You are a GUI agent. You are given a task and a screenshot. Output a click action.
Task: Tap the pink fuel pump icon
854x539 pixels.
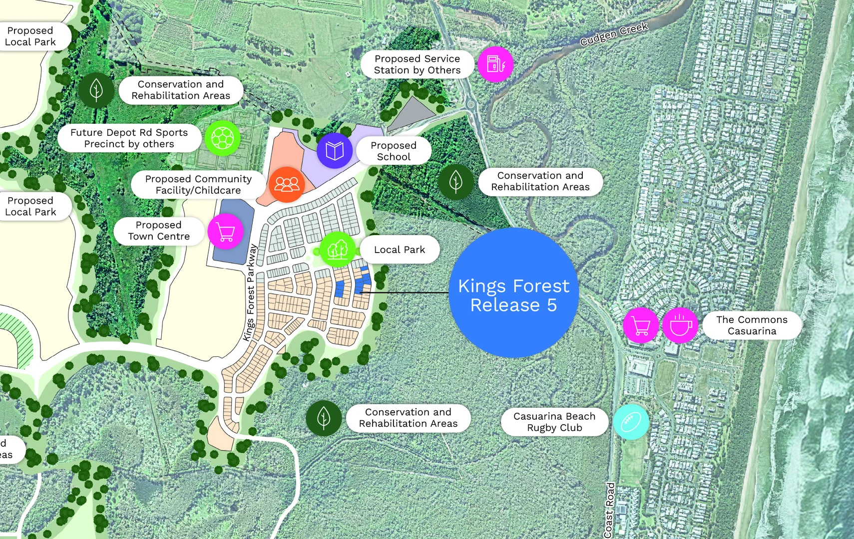coord(495,64)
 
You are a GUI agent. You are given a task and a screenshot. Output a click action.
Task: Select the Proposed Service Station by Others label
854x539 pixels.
coord(417,64)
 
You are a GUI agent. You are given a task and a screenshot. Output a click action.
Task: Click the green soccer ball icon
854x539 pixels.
coord(222,138)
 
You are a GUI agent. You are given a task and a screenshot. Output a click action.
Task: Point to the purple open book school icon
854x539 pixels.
coord(334,150)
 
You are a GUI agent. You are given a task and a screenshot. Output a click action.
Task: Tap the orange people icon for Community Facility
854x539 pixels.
coord(287,184)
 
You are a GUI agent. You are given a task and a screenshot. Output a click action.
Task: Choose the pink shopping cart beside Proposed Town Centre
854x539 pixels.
coord(226,231)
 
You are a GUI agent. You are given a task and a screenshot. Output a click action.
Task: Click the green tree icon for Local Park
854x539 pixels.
coord(337,249)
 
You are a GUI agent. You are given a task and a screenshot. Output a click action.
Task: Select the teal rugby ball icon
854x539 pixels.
coord(631,422)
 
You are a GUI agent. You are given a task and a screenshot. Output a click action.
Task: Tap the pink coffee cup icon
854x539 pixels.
coord(680,325)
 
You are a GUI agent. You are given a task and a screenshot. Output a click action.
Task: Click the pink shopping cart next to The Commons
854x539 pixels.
coord(641,325)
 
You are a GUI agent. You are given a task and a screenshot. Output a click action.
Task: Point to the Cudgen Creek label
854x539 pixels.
coord(614,34)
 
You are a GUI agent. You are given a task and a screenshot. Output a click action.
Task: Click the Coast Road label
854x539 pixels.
coord(609,509)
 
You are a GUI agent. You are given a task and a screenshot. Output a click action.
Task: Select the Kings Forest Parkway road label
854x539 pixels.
coord(250,292)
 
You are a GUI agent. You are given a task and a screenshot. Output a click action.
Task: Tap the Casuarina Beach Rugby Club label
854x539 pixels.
coord(554,422)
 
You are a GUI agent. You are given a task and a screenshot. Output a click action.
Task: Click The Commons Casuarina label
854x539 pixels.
coord(752,325)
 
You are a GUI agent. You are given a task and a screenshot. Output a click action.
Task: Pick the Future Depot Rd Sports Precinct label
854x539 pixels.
coord(129,138)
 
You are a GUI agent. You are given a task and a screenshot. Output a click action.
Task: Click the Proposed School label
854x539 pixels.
coord(394,151)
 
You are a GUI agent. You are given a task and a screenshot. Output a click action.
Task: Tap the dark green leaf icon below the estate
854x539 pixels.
coord(324,418)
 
